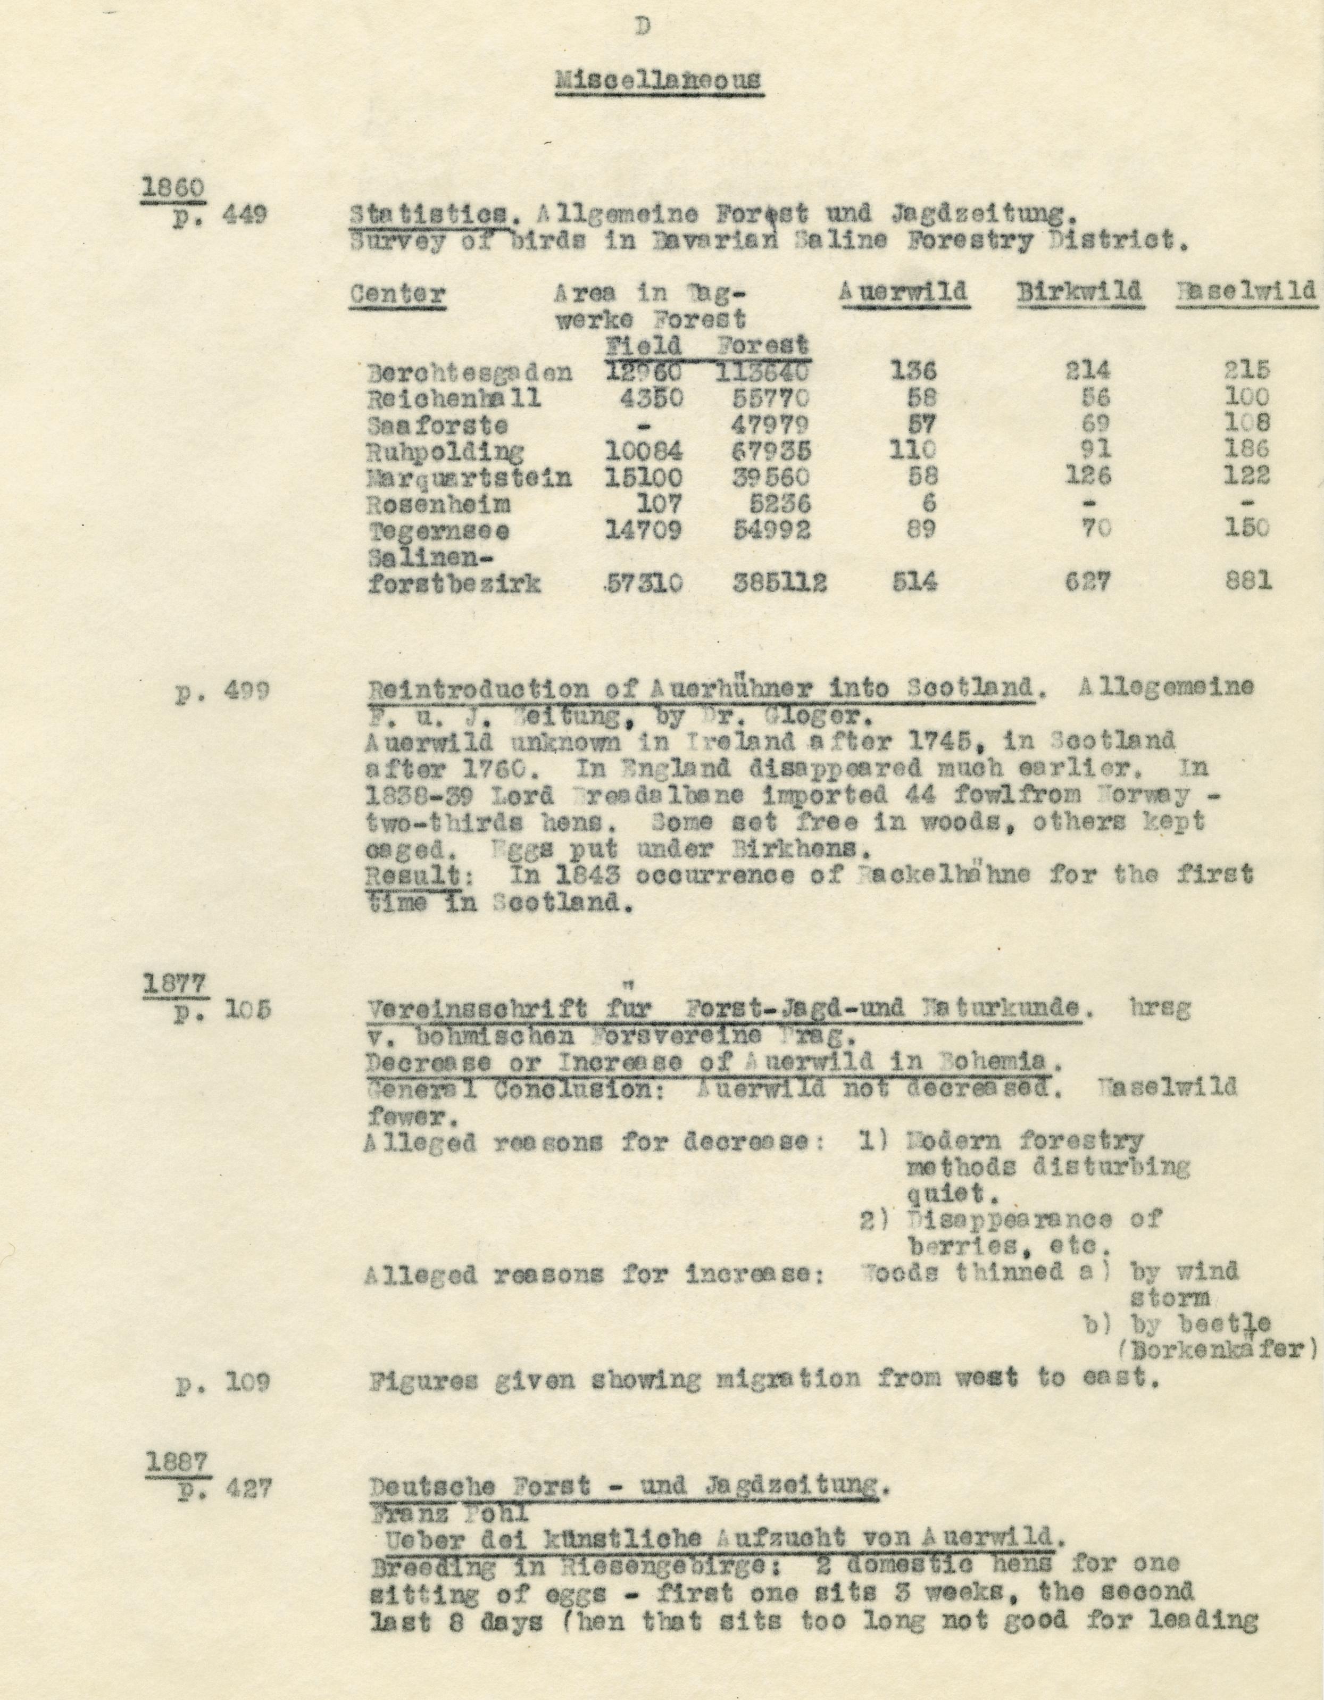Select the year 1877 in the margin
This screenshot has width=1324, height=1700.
coord(173,984)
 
